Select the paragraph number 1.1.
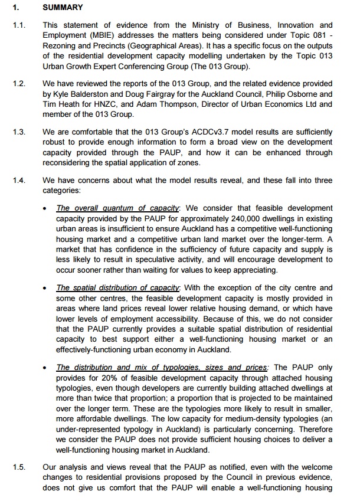click(19, 25)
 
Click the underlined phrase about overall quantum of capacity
click(117, 207)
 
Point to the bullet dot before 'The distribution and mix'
click(47, 367)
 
